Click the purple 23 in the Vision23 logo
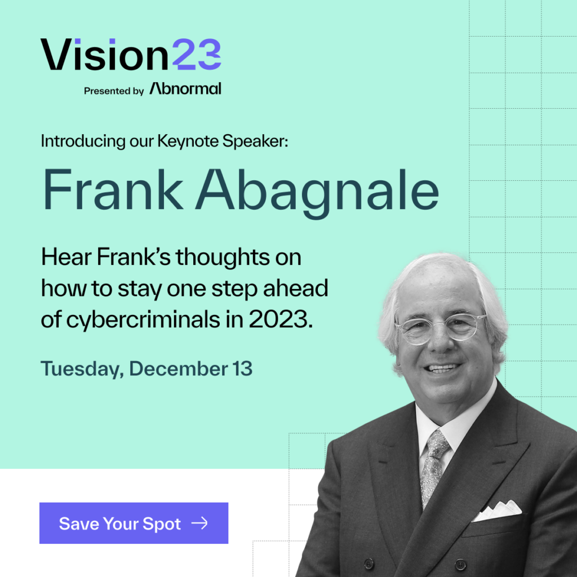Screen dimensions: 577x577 (x=197, y=55)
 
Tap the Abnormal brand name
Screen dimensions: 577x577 (x=185, y=88)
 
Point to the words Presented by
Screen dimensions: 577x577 (x=114, y=91)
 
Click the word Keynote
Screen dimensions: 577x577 (x=188, y=141)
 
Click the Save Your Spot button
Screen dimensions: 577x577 (x=134, y=523)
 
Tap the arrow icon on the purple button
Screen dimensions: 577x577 (x=200, y=523)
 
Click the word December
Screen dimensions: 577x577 (x=179, y=369)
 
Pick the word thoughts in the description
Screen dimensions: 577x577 (x=223, y=256)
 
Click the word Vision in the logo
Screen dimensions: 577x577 (x=104, y=55)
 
